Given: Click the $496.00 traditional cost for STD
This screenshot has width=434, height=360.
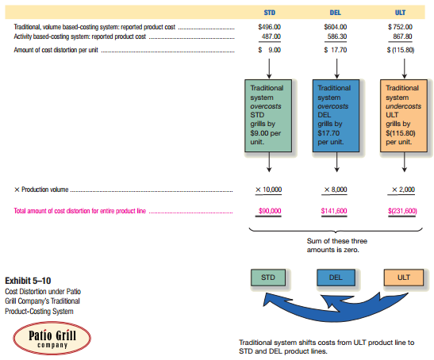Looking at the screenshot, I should pos(270,28).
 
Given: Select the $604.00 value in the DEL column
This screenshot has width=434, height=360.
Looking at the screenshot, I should pos(337,28).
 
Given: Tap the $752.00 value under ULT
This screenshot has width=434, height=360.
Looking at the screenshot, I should pos(403,28).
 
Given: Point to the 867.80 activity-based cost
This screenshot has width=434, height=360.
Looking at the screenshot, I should pos(405,36).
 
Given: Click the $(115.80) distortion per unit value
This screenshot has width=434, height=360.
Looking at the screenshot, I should pos(403,50).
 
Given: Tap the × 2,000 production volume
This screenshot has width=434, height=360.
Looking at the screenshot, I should pos(405,190).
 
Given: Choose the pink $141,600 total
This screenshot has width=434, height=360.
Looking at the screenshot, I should pos(336,212).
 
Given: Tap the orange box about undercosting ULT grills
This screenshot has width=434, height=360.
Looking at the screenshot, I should pos(403,114).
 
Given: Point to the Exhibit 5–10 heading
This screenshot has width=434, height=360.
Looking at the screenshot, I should pos(29,281).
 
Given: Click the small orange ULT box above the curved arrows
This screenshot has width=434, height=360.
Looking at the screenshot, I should pos(403,278).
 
